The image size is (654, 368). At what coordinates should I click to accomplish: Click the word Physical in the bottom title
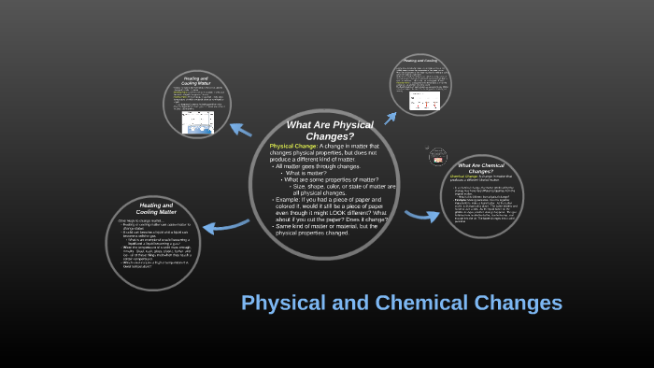click(x=280, y=303)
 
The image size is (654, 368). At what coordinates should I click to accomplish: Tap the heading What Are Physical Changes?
click(x=330, y=131)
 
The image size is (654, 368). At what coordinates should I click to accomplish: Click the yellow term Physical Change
click(x=292, y=147)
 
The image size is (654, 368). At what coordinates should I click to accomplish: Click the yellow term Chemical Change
click(x=466, y=176)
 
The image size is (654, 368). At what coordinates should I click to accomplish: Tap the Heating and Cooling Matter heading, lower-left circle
click(x=156, y=208)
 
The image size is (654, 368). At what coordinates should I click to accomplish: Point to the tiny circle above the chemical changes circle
click(x=436, y=157)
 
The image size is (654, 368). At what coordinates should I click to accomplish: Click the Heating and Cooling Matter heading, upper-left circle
click(x=196, y=82)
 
